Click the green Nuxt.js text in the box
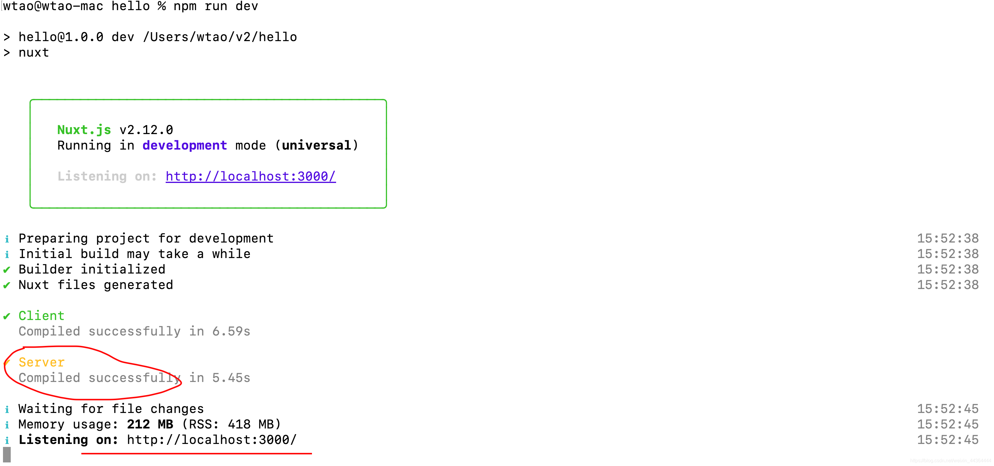pyautogui.click(x=84, y=130)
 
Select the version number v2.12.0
pyautogui.click(x=146, y=130)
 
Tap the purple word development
pyautogui.click(x=184, y=145)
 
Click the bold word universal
pyautogui.click(x=316, y=145)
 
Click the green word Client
pyautogui.click(x=41, y=316)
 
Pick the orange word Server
pyautogui.click(x=41, y=362)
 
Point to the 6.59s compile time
pyautogui.click(x=231, y=331)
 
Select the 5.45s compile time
pyautogui.click(x=231, y=378)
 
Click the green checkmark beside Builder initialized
pyautogui.click(x=7, y=270)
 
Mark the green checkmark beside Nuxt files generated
pyautogui.click(x=7, y=285)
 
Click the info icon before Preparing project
pyautogui.click(x=7, y=239)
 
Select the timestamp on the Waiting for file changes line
pyautogui.click(x=948, y=409)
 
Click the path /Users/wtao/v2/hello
pyautogui.click(x=220, y=37)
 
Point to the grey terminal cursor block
pyautogui.click(x=7, y=455)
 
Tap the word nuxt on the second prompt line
pyautogui.click(x=34, y=52)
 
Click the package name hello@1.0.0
pyautogui.click(x=61, y=37)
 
